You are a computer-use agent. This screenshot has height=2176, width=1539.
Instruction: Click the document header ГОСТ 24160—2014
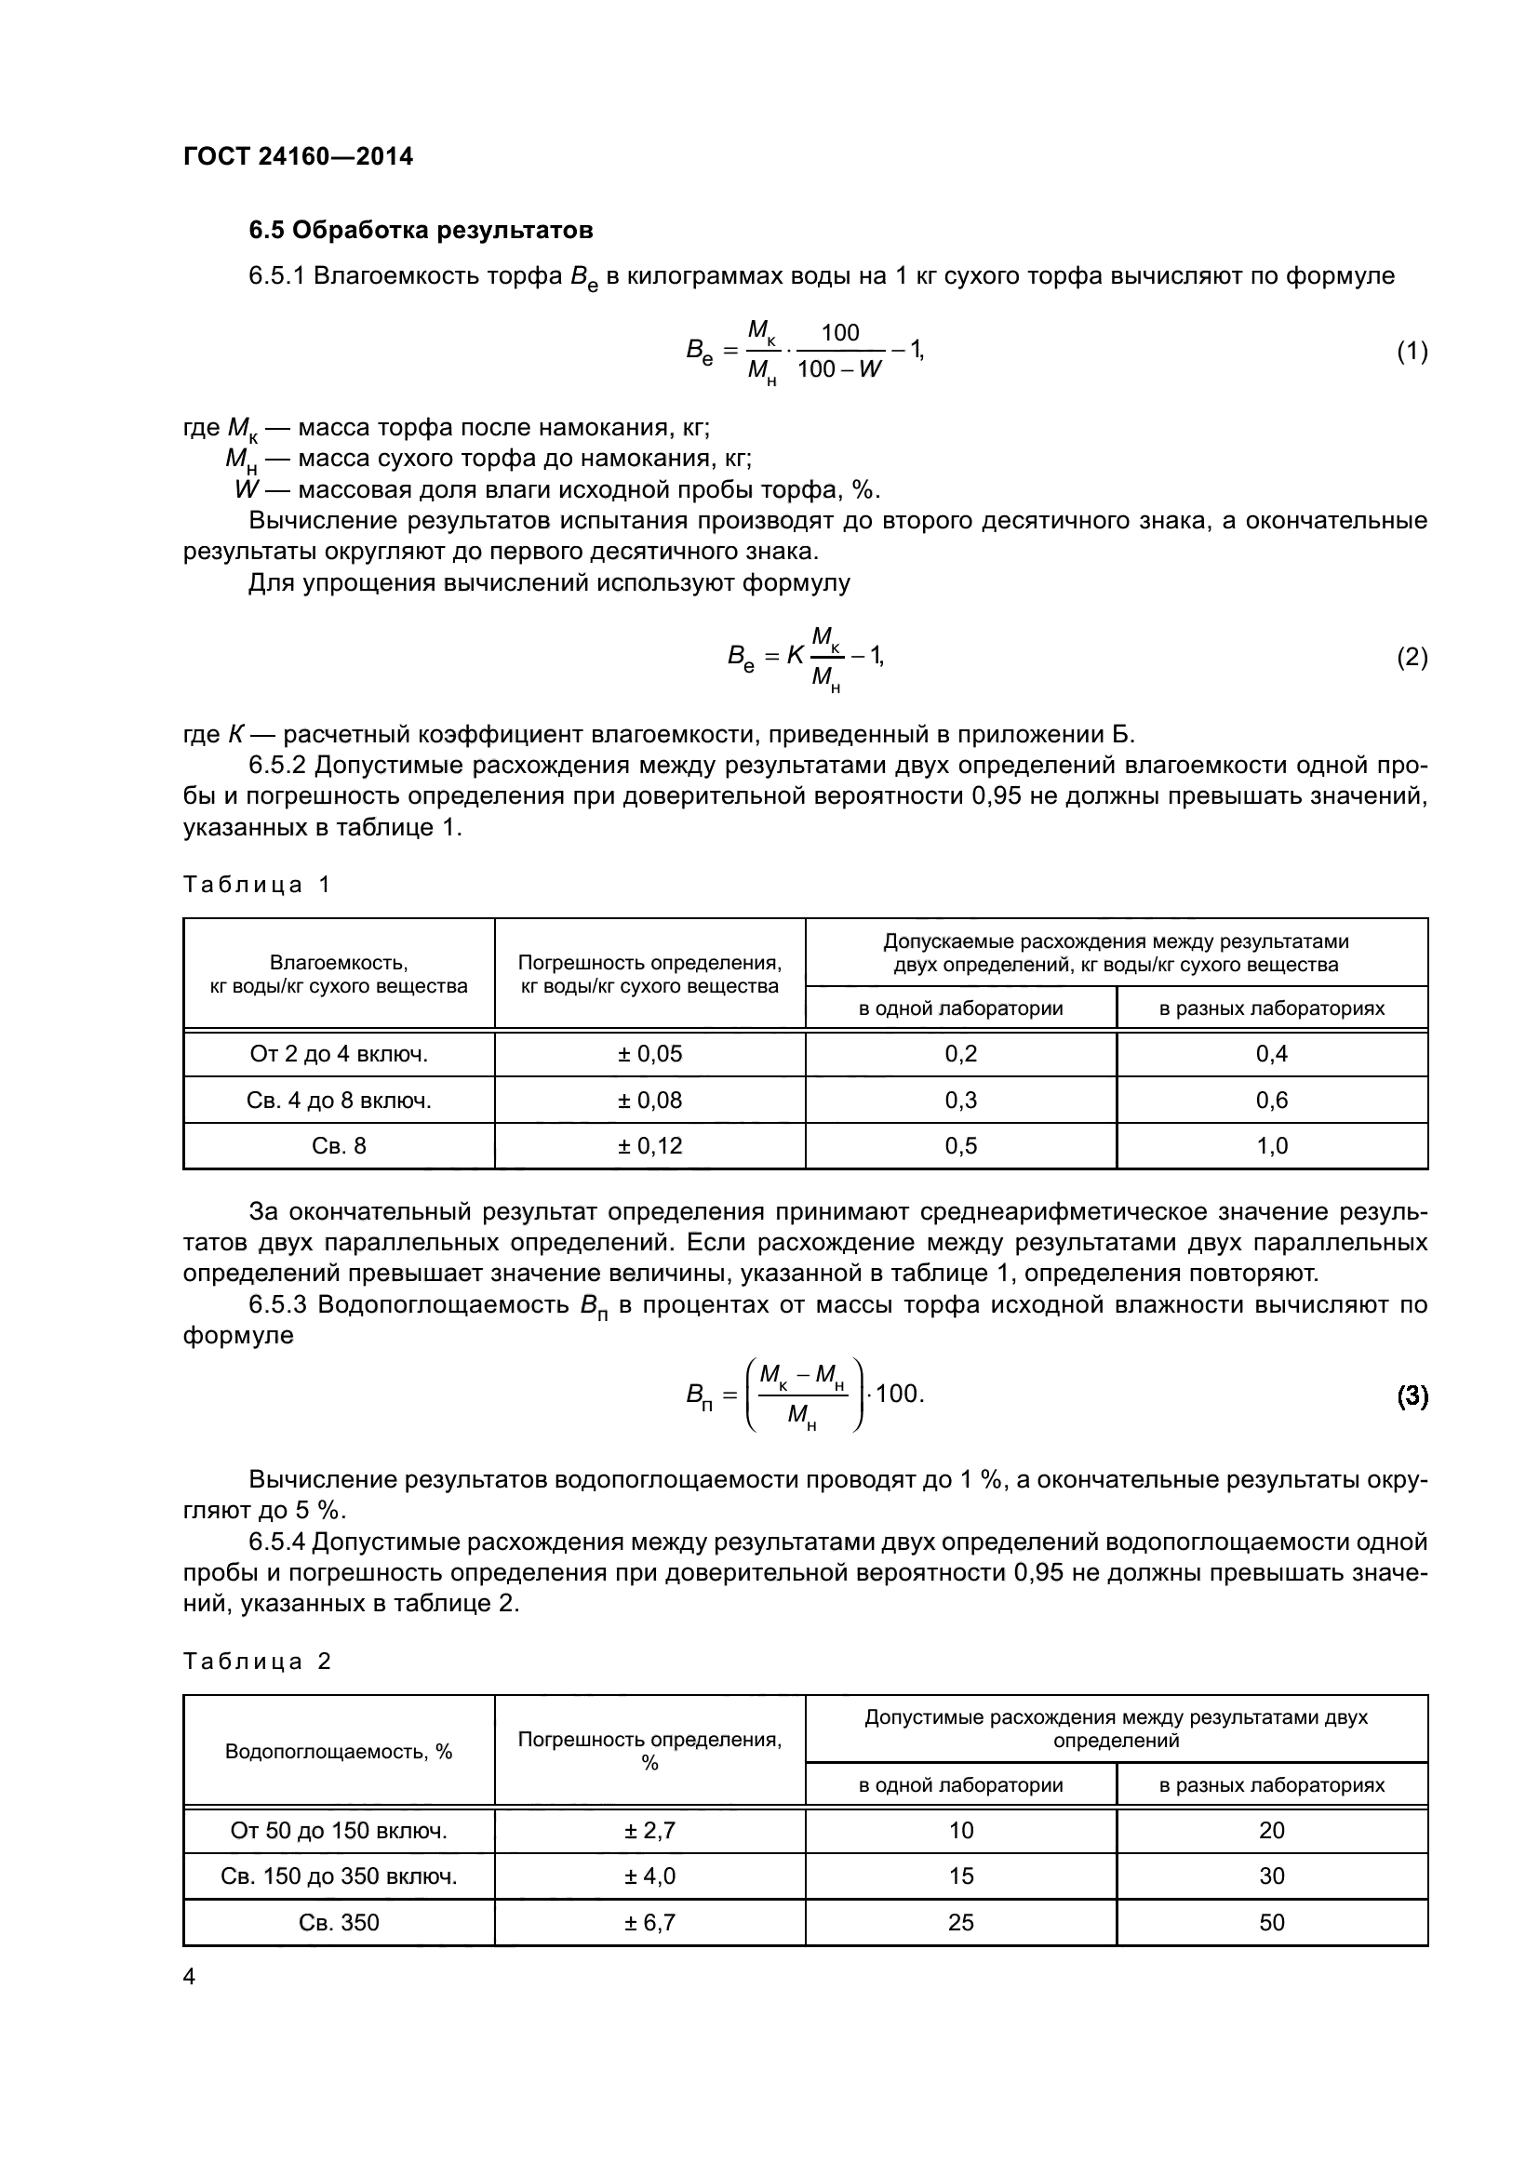coord(298,156)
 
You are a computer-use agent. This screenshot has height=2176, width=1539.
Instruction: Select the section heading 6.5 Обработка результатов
coord(421,231)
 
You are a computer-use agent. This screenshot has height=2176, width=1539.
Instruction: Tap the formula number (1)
coord(1412,352)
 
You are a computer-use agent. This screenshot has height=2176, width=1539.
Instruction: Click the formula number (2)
coord(1412,657)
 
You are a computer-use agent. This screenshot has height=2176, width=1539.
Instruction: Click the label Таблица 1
coord(257,884)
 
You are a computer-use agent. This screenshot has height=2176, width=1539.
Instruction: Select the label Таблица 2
coord(257,1661)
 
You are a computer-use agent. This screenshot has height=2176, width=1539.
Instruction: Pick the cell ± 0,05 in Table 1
coord(649,1054)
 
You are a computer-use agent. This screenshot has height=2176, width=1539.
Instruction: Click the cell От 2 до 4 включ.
coord(339,1054)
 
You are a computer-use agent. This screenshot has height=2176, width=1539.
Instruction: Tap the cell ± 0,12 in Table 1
coord(649,1146)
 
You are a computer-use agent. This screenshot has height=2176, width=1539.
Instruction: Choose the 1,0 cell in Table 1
coord(1272,1146)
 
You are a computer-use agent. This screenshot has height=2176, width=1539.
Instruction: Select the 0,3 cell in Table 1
coord(960,1101)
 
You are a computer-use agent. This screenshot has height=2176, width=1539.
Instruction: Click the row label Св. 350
coord(339,1922)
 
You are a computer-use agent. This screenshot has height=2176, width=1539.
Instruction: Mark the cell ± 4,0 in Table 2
coord(649,1876)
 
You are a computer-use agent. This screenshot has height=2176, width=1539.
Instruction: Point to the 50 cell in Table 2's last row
coord(1272,1922)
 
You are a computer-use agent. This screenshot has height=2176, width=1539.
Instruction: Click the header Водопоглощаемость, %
coord(339,1752)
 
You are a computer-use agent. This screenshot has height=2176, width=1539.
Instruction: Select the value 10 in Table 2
coord(960,1830)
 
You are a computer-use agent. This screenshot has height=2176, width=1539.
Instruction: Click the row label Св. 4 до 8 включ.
coord(339,1101)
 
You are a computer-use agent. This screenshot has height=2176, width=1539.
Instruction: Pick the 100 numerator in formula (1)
coord(839,333)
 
